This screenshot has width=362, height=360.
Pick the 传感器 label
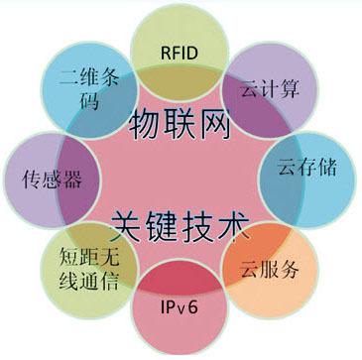[x=51, y=180]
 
